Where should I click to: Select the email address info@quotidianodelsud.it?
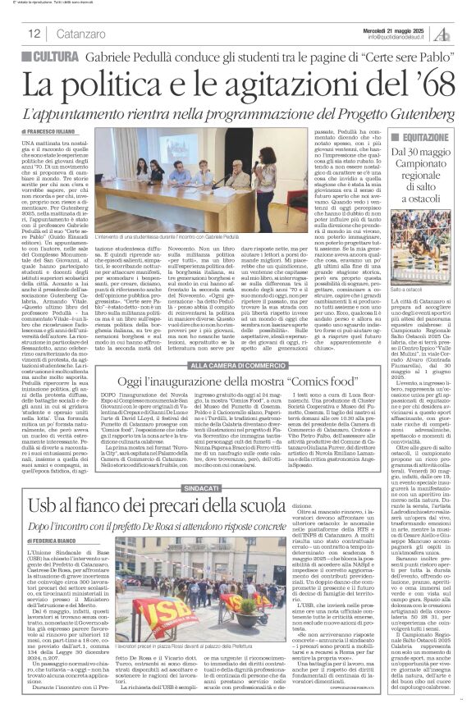401,37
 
